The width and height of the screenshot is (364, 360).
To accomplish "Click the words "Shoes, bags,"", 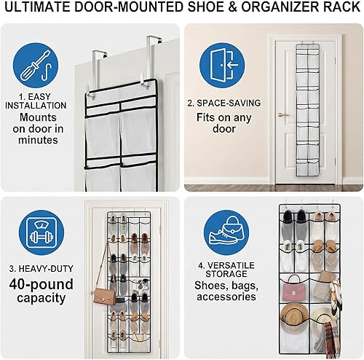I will click(225, 284).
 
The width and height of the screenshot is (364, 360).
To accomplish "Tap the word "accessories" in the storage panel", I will click(225, 297).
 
